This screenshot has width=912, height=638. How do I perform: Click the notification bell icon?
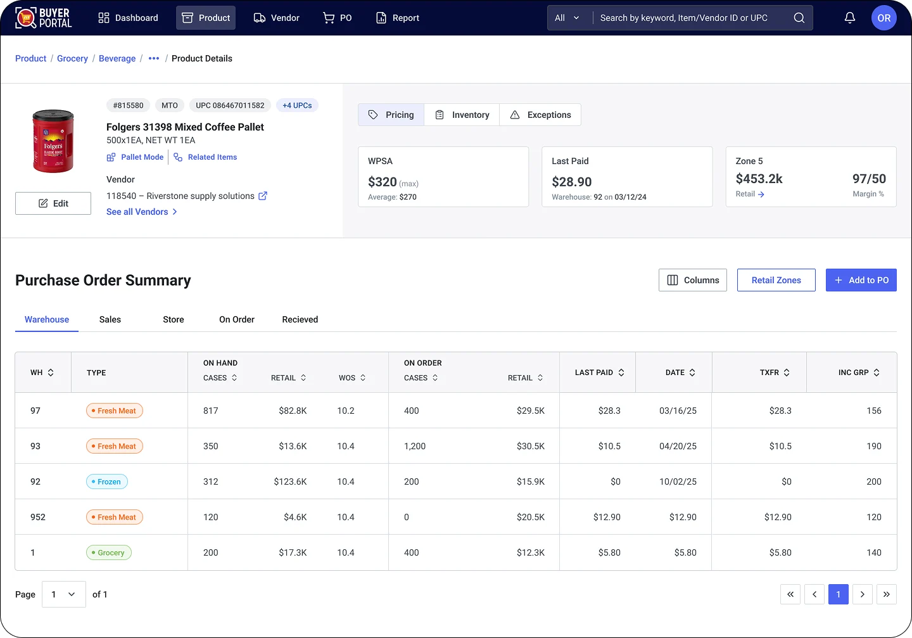click(850, 18)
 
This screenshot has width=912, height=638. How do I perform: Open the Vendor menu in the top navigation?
click(276, 18)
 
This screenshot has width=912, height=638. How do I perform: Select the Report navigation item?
click(397, 18)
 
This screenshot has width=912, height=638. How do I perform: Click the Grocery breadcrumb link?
click(72, 58)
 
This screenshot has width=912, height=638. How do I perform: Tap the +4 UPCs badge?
click(297, 105)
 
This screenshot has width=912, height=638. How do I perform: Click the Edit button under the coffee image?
click(53, 203)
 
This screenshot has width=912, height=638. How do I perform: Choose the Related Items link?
click(205, 157)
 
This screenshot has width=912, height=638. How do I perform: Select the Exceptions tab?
click(540, 115)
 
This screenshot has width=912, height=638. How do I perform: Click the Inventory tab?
click(462, 115)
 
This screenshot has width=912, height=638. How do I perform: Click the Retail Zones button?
click(776, 280)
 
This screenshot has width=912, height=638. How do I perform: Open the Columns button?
click(693, 280)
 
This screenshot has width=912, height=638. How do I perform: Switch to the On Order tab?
click(237, 319)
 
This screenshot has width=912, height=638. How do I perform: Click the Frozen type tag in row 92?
click(106, 482)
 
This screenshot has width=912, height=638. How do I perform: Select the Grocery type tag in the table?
click(109, 552)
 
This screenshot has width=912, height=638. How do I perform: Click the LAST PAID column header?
click(599, 373)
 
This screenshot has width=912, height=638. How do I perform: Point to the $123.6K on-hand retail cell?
click(290, 482)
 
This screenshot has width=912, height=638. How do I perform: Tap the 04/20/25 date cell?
click(678, 446)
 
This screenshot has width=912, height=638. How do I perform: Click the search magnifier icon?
click(799, 18)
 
